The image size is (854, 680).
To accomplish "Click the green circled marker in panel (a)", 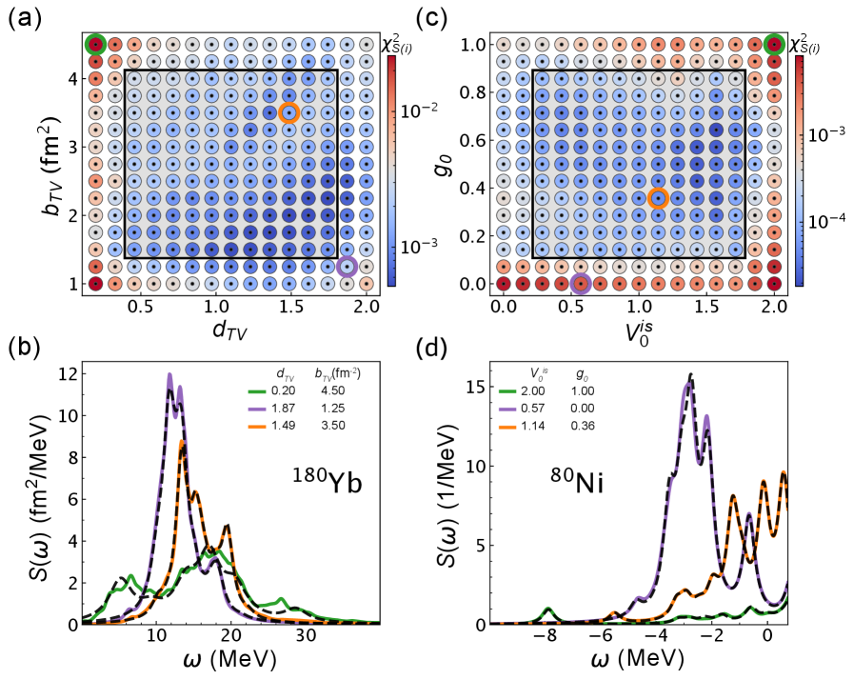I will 95,44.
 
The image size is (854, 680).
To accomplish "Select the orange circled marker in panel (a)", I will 289,112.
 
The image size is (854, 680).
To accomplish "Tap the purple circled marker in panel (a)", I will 348,268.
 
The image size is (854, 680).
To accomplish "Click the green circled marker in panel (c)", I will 775,44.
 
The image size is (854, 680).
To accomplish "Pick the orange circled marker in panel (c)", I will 658,198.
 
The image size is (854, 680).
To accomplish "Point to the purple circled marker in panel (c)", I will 581,284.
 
